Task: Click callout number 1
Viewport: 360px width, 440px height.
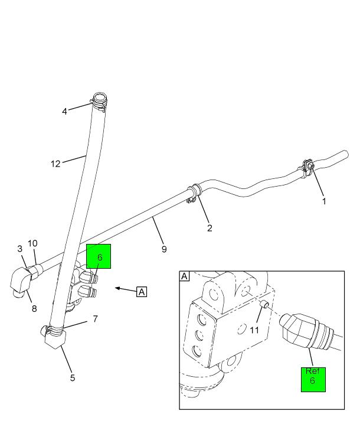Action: click(x=324, y=201)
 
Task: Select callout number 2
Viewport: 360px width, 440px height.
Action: click(x=209, y=228)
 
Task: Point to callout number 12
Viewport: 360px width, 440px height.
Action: click(x=55, y=164)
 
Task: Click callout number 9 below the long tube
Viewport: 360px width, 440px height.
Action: click(x=164, y=249)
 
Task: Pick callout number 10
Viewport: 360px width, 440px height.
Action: click(x=32, y=243)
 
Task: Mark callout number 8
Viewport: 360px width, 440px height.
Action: click(x=34, y=308)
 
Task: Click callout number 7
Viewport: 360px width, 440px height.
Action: click(x=94, y=319)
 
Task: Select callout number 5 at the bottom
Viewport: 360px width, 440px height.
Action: click(x=73, y=378)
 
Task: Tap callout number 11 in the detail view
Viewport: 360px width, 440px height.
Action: click(x=254, y=330)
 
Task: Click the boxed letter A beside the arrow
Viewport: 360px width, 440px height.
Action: click(x=142, y=291)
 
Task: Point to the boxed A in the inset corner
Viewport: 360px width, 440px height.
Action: click(x=185, y=276)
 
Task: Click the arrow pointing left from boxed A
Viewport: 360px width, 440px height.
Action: click(x=125, y=289)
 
